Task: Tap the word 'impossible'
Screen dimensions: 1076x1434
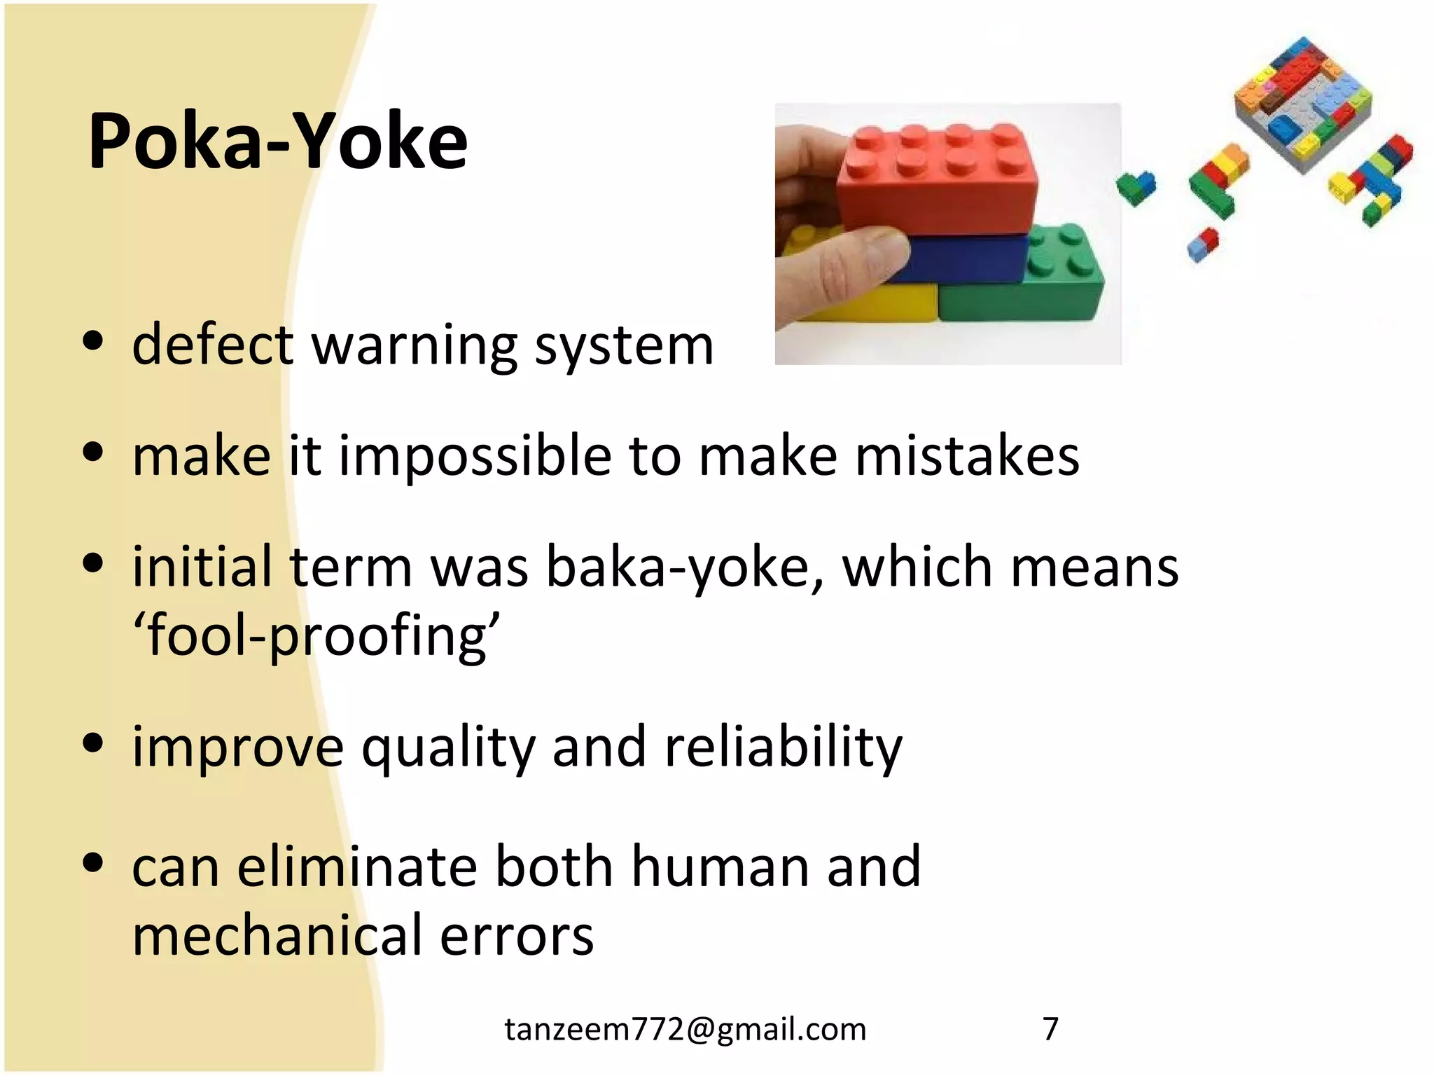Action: pos(475,456)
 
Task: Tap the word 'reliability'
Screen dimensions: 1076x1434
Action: pos(784,747)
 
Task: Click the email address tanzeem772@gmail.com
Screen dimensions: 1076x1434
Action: pos(685,1029)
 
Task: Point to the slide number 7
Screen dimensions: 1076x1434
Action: pos(1050,1029)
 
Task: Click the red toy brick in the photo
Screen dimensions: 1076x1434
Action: pos(938,182)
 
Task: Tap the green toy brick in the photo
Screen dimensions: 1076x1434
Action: pos(1029,287)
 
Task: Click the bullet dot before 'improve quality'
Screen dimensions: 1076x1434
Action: pos(92,743)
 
